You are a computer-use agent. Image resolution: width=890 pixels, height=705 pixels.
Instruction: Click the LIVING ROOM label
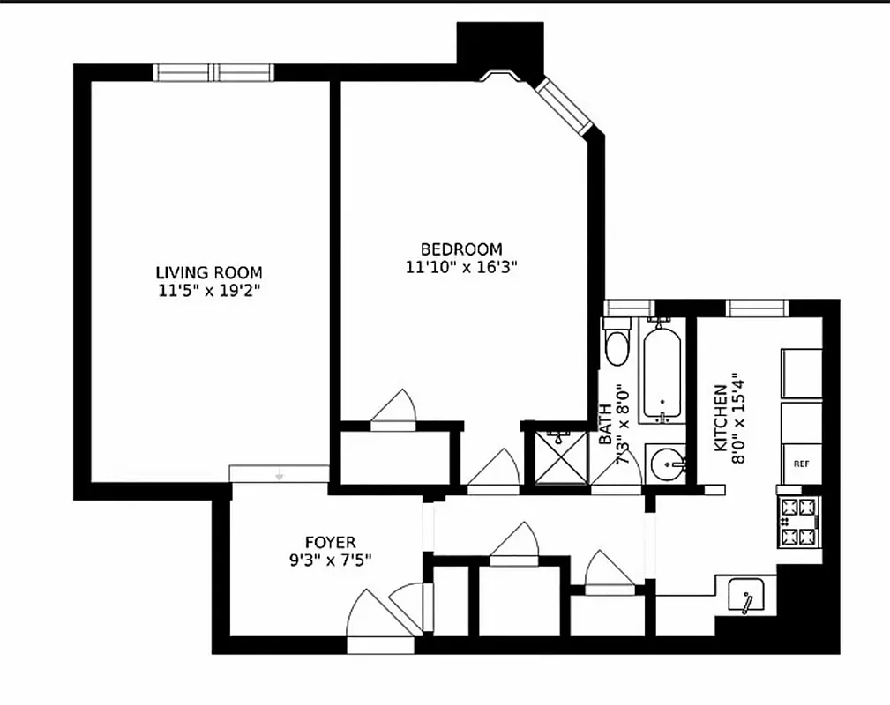tap(209, 272)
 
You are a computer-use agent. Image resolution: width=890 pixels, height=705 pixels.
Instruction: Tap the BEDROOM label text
tap(460, 249)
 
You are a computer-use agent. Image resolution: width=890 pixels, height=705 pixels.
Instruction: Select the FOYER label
tap(331, 543)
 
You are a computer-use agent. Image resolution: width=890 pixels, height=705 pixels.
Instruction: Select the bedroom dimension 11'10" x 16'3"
tap(460, 266)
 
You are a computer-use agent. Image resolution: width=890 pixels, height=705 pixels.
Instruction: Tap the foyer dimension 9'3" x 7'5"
tap(331, 560)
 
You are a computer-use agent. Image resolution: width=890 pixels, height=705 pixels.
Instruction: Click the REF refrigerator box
tap(801, 463)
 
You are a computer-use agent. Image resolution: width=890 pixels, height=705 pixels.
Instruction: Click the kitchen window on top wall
tap(757, 307)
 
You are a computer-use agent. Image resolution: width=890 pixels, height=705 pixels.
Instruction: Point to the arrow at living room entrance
tap(280, 475)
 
